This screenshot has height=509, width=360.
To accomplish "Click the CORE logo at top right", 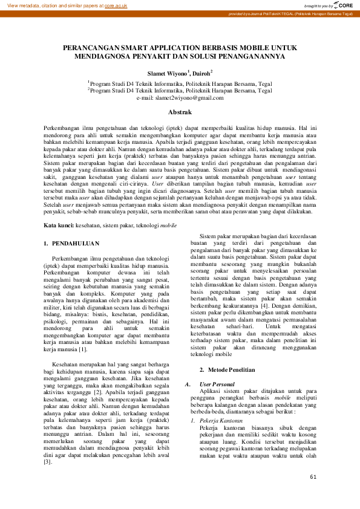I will (x=344, y=5).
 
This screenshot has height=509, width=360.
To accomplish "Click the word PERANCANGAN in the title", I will (x=96, y=47).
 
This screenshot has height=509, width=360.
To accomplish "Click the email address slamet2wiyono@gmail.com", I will (x=180, y=97).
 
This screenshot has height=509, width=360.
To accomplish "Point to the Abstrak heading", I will (x=180, y=112).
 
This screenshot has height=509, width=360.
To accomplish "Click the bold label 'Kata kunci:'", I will (x=59, y=225).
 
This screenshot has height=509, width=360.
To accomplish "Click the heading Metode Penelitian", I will (x=231, y=369).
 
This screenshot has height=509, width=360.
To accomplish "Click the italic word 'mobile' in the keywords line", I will (x=168, y=225).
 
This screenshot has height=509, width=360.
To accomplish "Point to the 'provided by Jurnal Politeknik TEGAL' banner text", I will (x=290, y=13).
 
